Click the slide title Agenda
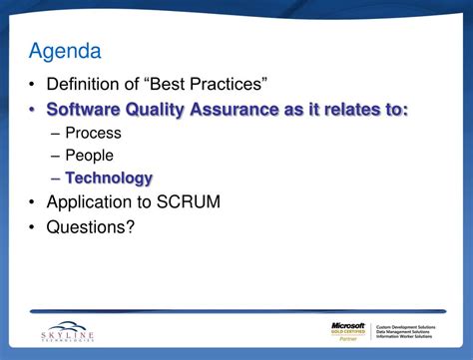coord(65,49)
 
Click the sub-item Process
coord(93,133)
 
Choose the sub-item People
coord(89,156)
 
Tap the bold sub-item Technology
coord(109,179)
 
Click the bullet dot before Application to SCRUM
coord(35,202)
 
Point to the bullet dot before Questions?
coord(35,226)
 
